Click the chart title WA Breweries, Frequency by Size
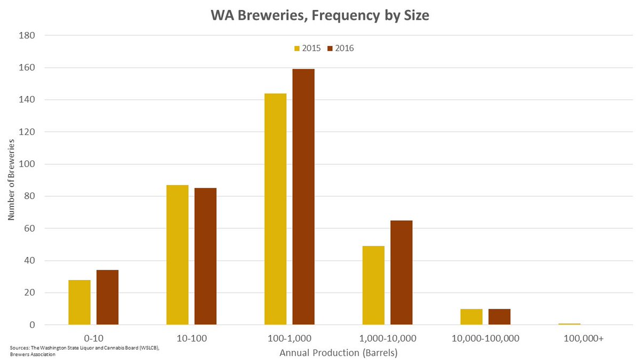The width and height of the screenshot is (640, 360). tap(319, 16)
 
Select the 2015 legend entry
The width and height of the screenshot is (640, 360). tap(307, 48)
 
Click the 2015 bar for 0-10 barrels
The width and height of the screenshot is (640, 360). tap(79, 302)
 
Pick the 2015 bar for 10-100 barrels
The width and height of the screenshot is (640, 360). tap(177, 255)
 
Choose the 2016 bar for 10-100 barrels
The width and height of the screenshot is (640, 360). tap(205, 257)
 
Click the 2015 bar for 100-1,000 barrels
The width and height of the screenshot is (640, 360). tap(275, 209)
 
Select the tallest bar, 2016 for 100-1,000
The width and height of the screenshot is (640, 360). tap(303, 197)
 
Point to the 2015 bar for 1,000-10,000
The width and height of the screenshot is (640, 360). tap(373, 285)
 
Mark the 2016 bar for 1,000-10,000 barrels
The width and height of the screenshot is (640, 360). tap(401, 273)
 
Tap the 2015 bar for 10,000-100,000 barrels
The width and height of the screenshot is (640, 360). tap(471, 317)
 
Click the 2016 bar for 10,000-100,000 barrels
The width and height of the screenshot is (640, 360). tap(499, 317)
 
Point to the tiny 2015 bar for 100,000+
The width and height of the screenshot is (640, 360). tap(569, 324)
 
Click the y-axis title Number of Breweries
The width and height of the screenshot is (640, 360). tap(11, 180)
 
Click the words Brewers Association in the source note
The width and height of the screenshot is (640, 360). tap(33, 354)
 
